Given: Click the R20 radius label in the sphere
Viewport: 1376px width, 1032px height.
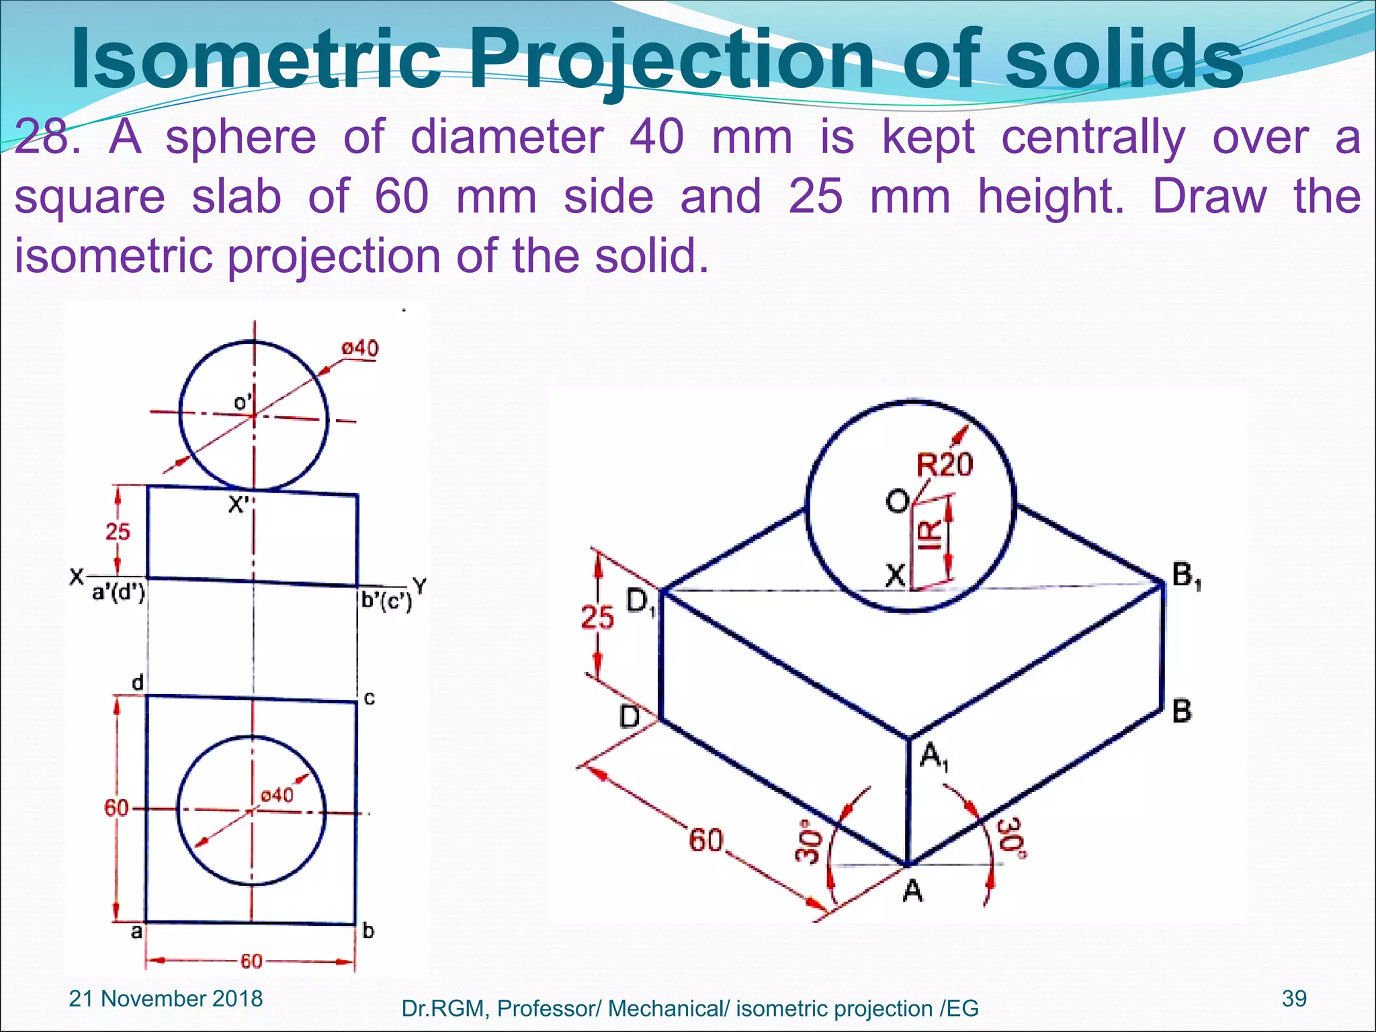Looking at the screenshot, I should point(945,465).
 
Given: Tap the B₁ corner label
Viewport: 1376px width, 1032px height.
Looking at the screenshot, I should point(1187,576).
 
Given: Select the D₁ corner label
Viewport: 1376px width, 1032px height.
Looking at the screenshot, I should point(640,601).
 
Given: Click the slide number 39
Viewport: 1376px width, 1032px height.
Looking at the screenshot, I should point(1294,998).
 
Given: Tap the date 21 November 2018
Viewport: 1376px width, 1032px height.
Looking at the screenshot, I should point(166,998).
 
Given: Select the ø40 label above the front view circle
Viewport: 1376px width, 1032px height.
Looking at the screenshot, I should point(360,348).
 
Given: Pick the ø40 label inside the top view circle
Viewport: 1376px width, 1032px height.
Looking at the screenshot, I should point(277,795).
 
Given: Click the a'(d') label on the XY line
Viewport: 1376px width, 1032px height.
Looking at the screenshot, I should point(118,593).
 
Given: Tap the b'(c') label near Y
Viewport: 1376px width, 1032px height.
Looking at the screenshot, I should point(386,600).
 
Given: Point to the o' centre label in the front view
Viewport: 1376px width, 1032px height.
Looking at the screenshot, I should point(243,402).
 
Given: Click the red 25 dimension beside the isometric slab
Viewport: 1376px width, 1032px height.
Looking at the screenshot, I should point(597,617).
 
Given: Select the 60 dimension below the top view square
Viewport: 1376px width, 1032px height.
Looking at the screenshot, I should point(251,961).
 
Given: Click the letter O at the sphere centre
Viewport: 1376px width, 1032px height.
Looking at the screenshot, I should point(898,501).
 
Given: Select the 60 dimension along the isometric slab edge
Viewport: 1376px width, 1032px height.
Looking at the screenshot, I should point(706,841).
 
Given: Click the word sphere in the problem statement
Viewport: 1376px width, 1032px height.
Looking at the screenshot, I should point(241,137).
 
